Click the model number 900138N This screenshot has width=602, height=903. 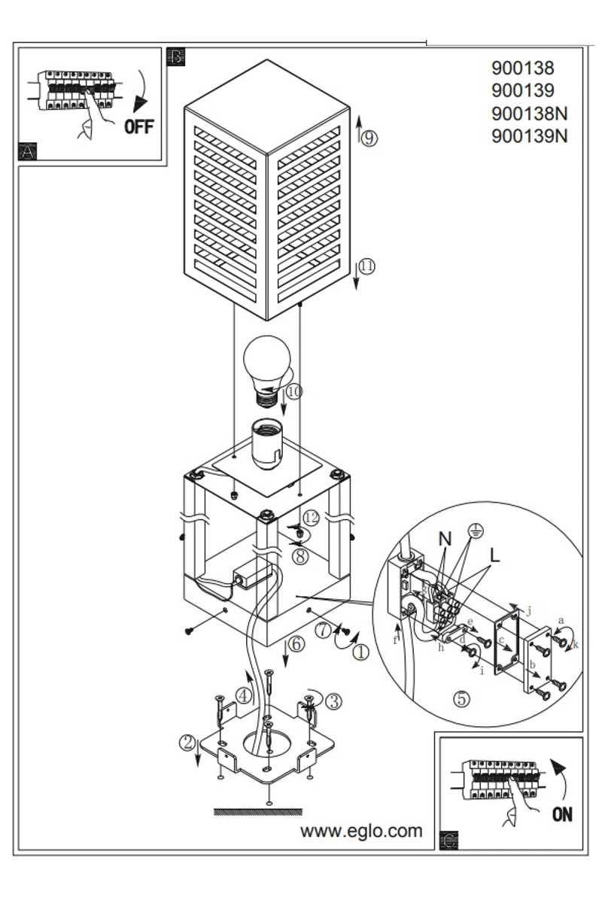coord(530,114)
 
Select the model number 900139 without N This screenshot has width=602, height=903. coord(523,90)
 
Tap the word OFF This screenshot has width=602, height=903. coord(139,127)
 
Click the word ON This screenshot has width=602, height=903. coord(562,815)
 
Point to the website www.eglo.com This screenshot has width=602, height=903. coord(361,831)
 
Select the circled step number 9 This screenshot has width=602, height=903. coord(369,138)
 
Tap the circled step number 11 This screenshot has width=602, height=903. coord(366,266)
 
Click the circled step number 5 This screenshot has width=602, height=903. coord(462,698)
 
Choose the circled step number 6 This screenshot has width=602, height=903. coord(296,644)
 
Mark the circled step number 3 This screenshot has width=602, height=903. coord(334,701)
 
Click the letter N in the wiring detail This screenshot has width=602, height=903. coord(445,539)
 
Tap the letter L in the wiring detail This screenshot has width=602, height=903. coord(494,555)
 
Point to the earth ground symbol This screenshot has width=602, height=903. coord(477,531)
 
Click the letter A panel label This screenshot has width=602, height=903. coord(27,151)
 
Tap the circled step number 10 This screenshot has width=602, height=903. coord(294,392)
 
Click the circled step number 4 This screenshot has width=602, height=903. coord(244,695)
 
